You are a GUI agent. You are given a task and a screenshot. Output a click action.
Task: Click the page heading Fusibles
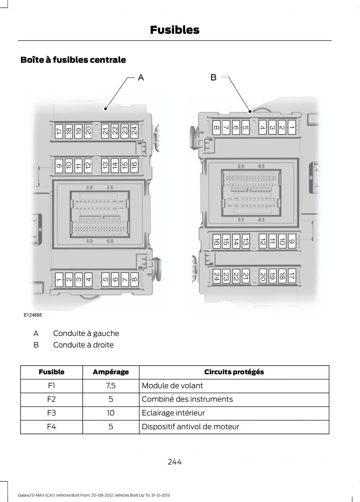tap(174, 30)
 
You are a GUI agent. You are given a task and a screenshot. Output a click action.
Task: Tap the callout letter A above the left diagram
tap(141, 77)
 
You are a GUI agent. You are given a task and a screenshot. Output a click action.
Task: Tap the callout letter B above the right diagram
tap(213, 77)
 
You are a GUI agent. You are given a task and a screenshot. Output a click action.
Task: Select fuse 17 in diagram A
tap(59, 131)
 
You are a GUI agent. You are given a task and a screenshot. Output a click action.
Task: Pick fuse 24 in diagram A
tap(134, 131)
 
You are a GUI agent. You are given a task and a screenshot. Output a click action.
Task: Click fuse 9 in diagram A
tap(59, 166)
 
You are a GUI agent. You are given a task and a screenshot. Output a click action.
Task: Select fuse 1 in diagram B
tap(291, 127)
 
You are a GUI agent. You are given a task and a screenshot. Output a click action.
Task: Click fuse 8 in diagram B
tap(216, 127)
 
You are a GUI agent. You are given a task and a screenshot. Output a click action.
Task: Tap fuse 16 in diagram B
tap(216, 241)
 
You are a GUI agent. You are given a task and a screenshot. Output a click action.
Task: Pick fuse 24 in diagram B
tap(216, 276)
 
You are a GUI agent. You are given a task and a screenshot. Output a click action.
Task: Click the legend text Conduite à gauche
tap(86, 333)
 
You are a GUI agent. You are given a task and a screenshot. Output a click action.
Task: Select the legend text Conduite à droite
tap(83, 345)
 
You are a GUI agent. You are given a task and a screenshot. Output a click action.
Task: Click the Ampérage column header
tap(111, 372)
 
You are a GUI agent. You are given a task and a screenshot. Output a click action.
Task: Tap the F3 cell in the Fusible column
tap(51, 413)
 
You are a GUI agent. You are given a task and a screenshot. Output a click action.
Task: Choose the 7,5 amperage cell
tap(111, 386)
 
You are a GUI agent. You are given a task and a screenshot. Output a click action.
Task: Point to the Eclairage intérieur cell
tap(173, 413)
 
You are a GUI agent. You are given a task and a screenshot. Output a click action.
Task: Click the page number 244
tap(174, 462)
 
